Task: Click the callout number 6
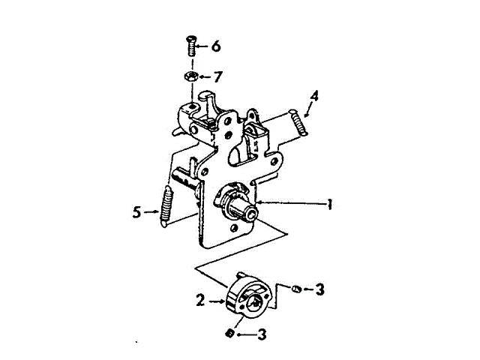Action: tap(216, 46)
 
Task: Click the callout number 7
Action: tap(217, 76)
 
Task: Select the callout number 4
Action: tap(315, 96)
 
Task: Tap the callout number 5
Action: tap(136, 212)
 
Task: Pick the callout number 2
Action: tap(200, 300)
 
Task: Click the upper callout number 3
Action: tap(319, 288)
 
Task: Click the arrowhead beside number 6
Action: tap(199, 47)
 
